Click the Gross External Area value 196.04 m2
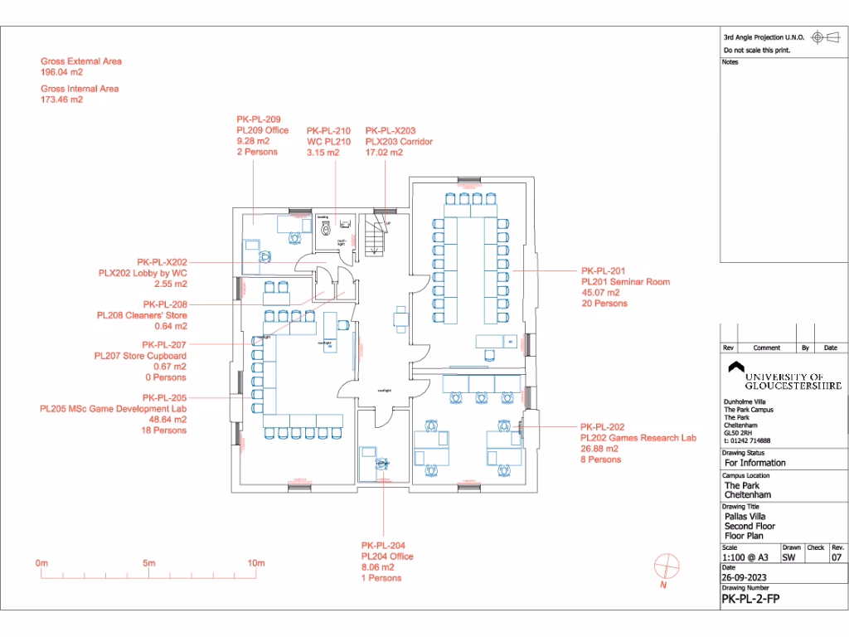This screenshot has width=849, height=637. (x=62, y=72)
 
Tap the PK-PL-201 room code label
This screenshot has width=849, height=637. (x=603, y=271)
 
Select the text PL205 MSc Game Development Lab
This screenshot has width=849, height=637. (x=113, y=409)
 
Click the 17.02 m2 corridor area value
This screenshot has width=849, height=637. (x=384, y=153)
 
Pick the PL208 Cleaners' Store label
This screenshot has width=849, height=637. (x=142, y=315)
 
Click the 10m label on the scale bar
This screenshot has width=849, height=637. (x=256, y=564)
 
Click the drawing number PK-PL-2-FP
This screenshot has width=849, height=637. (x=750, y=598)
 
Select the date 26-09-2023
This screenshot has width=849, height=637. (x=743, y=577)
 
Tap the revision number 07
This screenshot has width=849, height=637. (x=837, y=558)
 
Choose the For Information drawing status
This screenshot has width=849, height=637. (x=754, y=463)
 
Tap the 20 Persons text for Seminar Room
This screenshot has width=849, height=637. (x=604, y=304)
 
